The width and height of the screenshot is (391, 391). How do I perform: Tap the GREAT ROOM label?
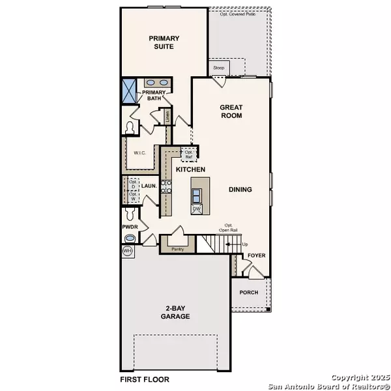pyautogui.click(x=231, y=111)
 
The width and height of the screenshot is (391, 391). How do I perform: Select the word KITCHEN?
pyautogui.click(x=191, y=169)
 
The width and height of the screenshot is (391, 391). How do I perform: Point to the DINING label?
pyautogui.click(x=240, y=190)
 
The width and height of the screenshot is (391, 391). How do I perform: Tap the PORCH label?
pyautogui.click(x=250, y=293)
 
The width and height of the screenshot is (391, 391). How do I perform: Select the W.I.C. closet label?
pyautogui.click(x=139, y=154)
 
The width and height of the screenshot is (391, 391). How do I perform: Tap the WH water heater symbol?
pyautogui.click(x=126, y=250)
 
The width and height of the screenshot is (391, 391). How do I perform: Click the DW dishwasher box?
pyautogui.click(x=196, y=209)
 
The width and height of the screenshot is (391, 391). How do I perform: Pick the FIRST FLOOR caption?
pyautogui.click(x=145, y=379)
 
